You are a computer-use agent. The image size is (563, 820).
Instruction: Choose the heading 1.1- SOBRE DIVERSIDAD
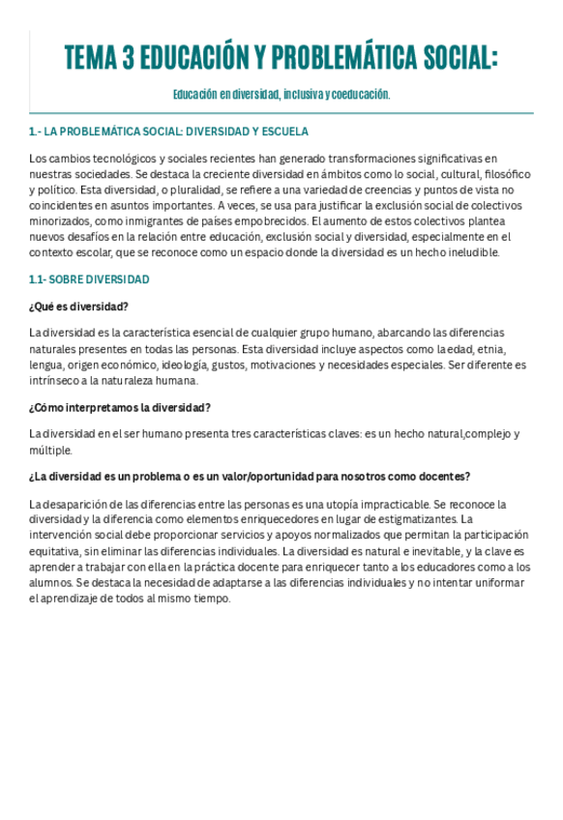(x=89, y=279)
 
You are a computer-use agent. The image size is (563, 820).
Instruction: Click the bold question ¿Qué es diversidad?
(x=79, y=307)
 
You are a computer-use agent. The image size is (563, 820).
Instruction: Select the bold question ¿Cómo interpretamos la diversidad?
(x=121, y=407)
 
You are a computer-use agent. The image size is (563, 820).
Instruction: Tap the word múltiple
(x=50, y=450)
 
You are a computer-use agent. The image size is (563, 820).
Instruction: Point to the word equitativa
(x=55, y=551)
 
